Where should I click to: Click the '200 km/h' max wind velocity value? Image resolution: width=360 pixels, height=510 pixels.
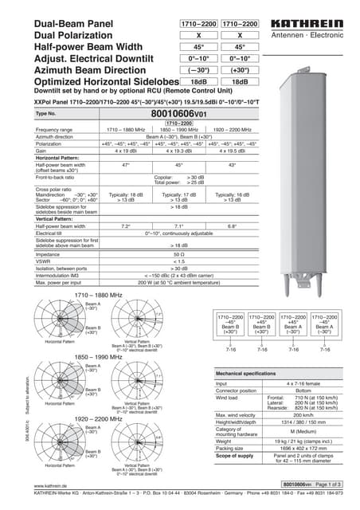tap(302, 415)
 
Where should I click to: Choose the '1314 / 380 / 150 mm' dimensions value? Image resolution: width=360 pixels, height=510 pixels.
tap(302, 422)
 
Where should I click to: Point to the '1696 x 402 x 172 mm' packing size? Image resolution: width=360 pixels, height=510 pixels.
tap(302, 448)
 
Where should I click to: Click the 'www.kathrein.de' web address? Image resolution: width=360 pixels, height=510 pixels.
tap(49, 485)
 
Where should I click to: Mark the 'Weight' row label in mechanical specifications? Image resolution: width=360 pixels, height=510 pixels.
tap(226, 440)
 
